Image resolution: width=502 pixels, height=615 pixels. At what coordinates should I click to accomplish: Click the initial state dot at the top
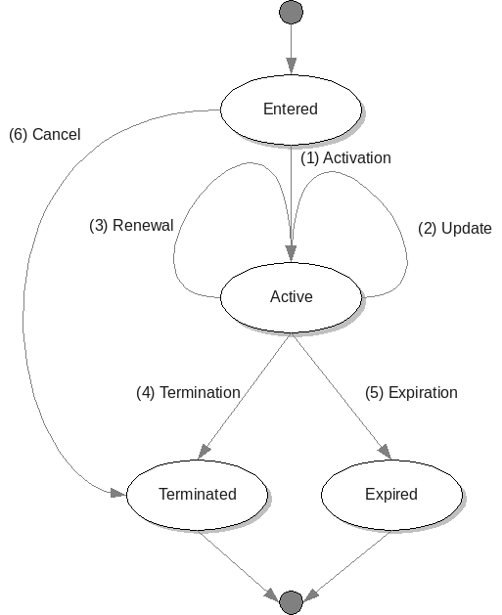click(291, 12)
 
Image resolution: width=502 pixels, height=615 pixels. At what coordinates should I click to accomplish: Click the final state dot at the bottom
click(291, 602)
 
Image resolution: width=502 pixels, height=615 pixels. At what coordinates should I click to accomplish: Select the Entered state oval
click(291, 110)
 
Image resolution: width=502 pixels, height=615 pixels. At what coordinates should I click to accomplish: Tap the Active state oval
click(291, 297)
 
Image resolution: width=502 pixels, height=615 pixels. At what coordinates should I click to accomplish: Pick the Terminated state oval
click(197, 495)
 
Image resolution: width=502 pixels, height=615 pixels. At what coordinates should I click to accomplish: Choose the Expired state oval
click(391, 495)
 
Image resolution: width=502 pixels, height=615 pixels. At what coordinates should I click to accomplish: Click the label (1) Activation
click(345, 158)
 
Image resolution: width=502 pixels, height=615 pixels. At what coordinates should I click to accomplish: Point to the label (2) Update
click(454, 228)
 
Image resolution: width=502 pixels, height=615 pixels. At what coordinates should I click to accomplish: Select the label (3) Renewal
click(131, 226)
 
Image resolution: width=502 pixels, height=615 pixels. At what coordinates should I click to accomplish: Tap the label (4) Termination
click(189, 393)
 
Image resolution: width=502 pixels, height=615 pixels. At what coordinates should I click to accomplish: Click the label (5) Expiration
click(411, 393)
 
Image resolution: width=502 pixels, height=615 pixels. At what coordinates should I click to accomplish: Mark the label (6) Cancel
click(45, 135)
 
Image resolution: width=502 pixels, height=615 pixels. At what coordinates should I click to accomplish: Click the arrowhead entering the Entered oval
click(291, 66)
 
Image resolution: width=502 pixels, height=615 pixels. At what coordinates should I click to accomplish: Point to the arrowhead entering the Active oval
click(291, 253)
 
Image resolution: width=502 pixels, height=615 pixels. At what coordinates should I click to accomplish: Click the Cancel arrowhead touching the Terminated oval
click(118, 493)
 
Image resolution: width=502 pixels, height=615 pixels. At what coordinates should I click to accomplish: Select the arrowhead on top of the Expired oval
click(386, 452)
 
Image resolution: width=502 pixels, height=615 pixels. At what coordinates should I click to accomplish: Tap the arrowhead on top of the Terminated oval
click(204, 452)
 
